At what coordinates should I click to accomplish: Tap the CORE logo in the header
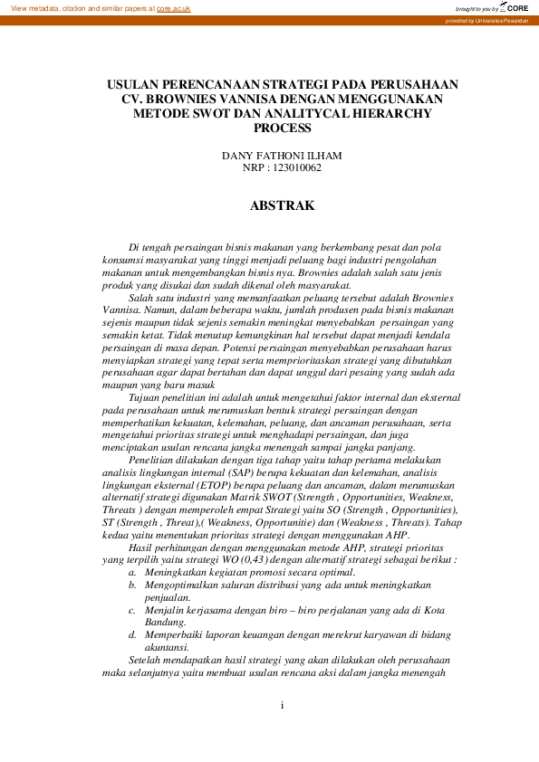click(515, 7)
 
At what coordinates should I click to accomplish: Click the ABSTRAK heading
click(282, 206)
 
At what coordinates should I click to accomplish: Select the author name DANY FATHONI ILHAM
click(282, 156)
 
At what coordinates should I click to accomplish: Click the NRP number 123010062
click(296, 167)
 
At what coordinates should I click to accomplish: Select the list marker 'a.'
click(133, 573)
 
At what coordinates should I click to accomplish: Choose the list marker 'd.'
click(133, 634)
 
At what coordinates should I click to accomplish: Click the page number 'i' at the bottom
click(282, 705)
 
